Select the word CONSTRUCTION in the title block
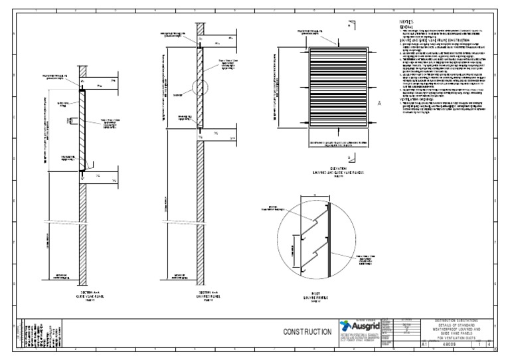[307, 331]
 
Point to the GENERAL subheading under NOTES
[406, 27]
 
